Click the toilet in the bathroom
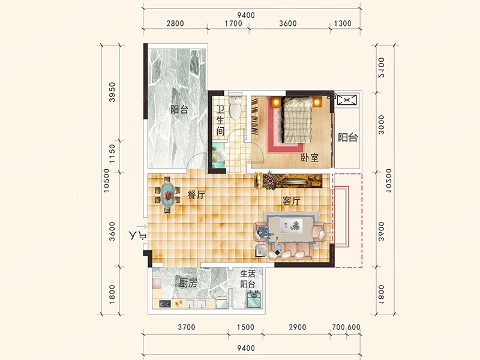coord(235,107)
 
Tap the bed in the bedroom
coord(298,120)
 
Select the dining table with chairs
coord(167,194)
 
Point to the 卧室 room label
coord(310,158)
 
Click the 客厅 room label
coord(291,201)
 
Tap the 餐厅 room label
coord(196,194)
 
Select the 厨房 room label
coord(188,283)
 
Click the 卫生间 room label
coord(220,121)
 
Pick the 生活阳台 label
coord(247,279)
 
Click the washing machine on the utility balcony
coord(254,299)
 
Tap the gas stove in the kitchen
coord(164,304)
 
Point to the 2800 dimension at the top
coord(175,23)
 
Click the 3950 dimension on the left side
coord(112,92)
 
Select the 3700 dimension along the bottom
coord(187,327)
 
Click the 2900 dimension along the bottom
coord(297,327)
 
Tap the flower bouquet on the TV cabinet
coord(270,181)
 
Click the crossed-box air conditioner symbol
coord(347,100)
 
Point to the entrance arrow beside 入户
coord(142,227)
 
